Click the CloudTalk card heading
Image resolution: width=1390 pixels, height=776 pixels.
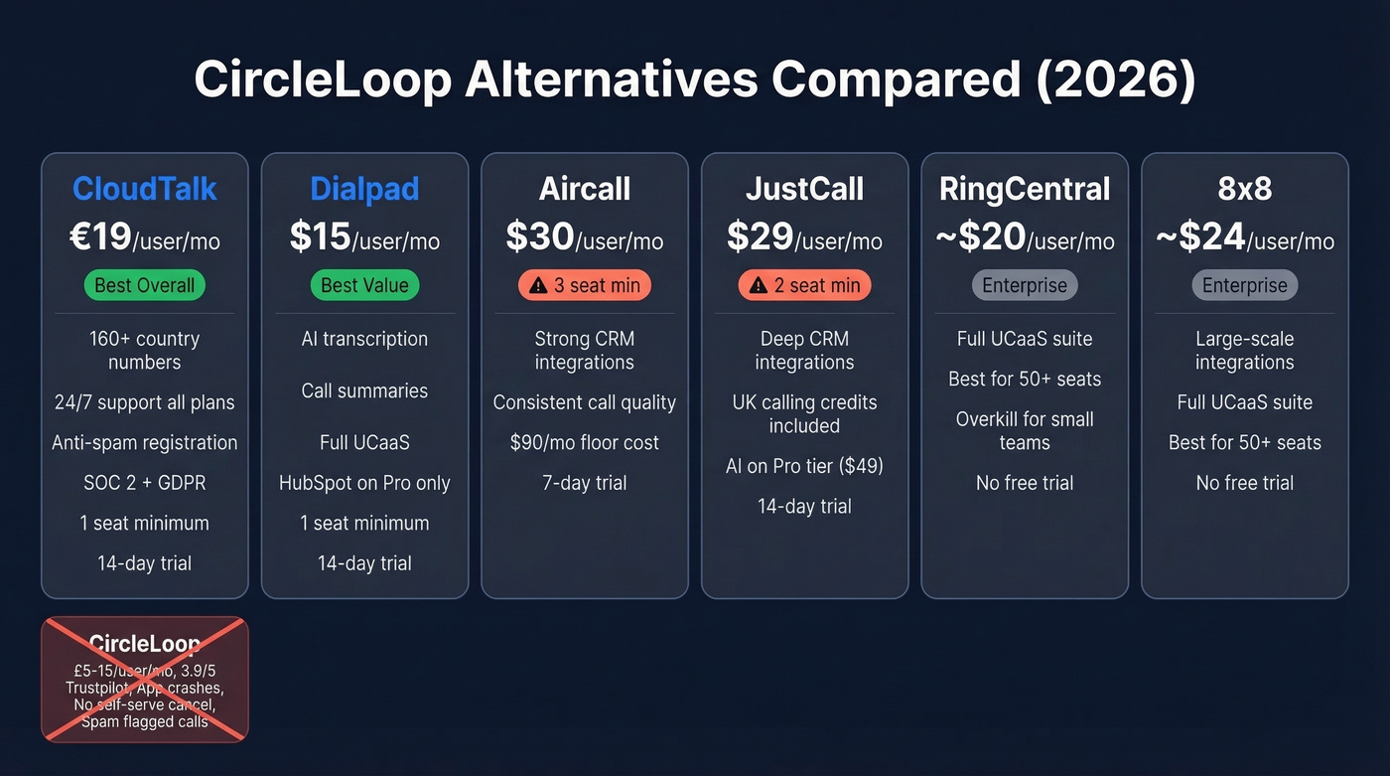click(x=144, y=189)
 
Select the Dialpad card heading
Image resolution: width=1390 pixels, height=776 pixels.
click(x=364, y=189)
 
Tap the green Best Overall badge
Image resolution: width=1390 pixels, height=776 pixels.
click(x=144, y=286)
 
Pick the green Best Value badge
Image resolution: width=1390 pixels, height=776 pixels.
click(x=364, y=286)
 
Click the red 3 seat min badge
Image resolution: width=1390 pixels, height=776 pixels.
click(x=585, y=286)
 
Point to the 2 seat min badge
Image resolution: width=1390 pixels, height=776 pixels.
click(x=804, y=286)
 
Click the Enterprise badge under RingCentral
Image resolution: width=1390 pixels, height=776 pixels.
click(x=1025, y=286)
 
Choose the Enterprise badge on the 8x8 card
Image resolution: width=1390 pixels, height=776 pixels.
click(x=1245, y=286)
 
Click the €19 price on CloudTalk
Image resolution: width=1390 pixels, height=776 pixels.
click(x=100, y=237)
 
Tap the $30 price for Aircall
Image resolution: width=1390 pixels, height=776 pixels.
click(x=540, y=237)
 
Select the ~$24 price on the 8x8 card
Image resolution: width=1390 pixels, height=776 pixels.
click(x=1201, y=237)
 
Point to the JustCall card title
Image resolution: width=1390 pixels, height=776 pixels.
click(x=804, y=189)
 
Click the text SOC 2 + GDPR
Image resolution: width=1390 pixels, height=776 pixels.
click(x=144, y=483)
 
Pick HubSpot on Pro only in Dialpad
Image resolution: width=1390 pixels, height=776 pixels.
click(x=364, y=483)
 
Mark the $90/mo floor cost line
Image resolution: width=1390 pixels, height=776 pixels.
click(x=585, y=443)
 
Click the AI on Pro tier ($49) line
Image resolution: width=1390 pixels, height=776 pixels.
click(x=804, y=466)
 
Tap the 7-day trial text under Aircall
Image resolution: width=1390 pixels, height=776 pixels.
click(x=585, y=483)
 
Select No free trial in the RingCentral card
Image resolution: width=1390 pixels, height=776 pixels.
click(x=1025, y=483)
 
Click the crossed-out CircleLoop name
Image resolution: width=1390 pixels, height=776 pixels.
click(x=144, y=643)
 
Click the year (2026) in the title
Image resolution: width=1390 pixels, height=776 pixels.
click(x=1116, y=80)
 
